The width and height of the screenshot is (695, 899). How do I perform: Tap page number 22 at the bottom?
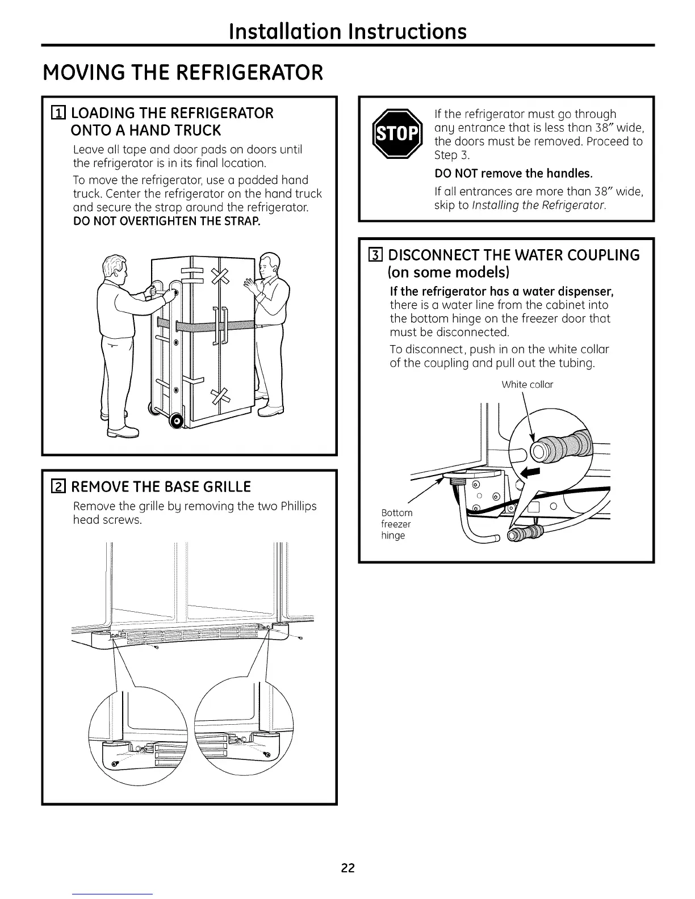347,868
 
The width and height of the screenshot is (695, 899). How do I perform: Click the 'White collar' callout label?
527,385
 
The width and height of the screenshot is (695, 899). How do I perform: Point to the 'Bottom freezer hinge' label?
396,524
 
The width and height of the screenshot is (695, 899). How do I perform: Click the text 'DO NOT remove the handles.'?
513,173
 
